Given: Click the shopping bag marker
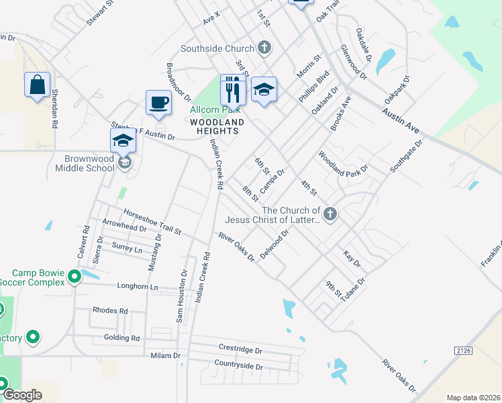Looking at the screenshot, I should click(x=38, y=85).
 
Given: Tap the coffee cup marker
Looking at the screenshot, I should click(x=158, y=103).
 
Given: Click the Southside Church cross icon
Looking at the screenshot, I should click(x=264, y=48).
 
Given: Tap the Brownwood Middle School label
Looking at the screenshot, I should click(x=89, y=163).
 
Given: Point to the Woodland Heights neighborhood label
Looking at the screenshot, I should click(x=217, y=126).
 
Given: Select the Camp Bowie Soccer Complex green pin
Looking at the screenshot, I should click(x=74, y=275).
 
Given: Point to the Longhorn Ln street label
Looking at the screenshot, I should click(x=136, y=287).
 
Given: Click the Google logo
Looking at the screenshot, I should click(x=22, y=395).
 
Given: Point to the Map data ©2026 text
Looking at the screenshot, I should click(x=473, y=398).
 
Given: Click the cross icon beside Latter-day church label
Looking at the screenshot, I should click(x=329, y=214).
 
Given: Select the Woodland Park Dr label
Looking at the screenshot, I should click(x=344, y=164).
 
